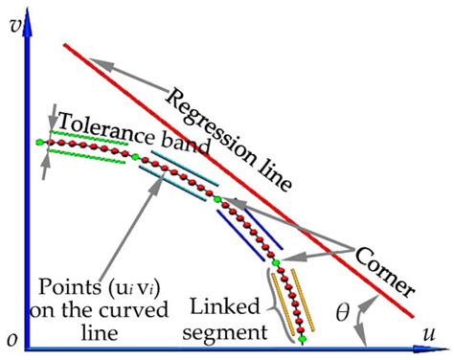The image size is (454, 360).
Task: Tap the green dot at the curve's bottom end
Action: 303,339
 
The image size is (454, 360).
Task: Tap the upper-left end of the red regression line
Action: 65,45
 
